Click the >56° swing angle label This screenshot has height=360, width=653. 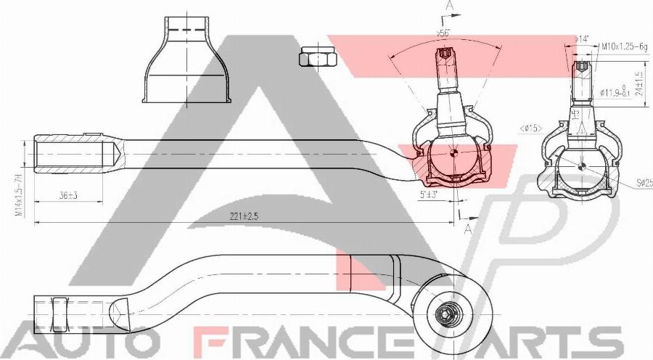(443, 33)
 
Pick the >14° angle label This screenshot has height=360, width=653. (582, 39)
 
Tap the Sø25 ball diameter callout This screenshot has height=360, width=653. (643, 184)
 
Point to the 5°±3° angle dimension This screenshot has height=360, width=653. (430, 195)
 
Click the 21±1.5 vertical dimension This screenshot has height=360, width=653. (638, 83)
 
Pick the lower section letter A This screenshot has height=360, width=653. (468, 229)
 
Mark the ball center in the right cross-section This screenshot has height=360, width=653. (583, 165)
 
